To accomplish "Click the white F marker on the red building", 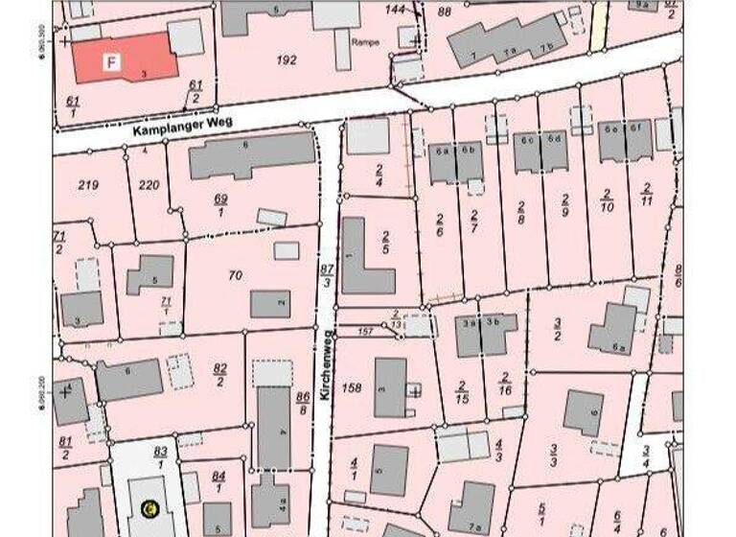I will (x=111, y=63).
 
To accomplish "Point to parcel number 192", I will (x=287, y=59).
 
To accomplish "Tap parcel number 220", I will (x=148, y=184).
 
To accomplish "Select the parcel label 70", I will (x=236, y=275).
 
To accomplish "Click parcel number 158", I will (x=352, y=387).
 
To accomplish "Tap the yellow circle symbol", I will (x=149, y=507).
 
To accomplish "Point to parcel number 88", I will (x=443, y=12).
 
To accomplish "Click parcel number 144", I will (x=396, y=9).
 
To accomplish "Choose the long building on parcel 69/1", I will (x=252, y=155).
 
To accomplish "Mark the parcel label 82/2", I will (x=220, y=373).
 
